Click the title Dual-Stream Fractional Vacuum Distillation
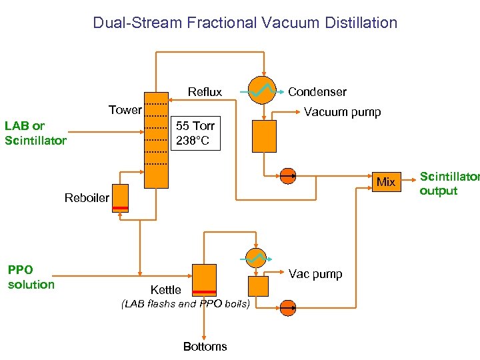point(245,23)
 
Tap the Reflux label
point(205,92)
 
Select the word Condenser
point(317,92)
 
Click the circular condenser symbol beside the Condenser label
point(262,90)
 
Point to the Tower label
point(125,110)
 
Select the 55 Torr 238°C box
point(196,133)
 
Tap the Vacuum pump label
point(342,112)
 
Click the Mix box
point(385,182)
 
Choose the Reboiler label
point(87,198)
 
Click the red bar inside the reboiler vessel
point(120,209)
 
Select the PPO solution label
point(31,277)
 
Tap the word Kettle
point(165,290)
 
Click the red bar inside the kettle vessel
point(204,292)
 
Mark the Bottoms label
point(205,347)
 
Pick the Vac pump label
point(315,274)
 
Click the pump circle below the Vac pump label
point(288,307)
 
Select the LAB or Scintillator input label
point(35,133)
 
